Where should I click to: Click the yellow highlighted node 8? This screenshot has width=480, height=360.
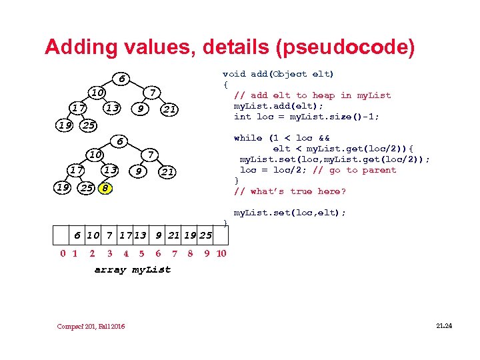pos(105,188)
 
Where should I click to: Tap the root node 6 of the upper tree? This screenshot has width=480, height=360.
pos(120,78)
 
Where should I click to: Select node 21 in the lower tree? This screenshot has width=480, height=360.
pos(168,172)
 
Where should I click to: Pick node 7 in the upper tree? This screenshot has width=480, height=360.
pos(152,91)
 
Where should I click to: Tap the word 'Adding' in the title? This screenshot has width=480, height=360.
pos(79,47)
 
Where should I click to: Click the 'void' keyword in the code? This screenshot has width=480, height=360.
pos(234,74)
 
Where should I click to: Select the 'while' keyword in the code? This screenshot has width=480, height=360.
pos(247,138)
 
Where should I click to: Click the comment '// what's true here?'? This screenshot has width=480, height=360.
pos(290,191)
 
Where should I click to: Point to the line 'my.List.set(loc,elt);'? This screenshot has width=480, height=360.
pos(290,213)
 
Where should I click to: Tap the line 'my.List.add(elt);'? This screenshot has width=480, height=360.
pos(278,106)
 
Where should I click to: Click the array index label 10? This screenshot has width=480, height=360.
pos(222,253)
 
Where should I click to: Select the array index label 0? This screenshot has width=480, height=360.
pos(63,253)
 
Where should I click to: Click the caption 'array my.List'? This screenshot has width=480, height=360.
pos(132,269)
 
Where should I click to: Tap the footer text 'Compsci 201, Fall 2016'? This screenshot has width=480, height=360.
pos(91,326)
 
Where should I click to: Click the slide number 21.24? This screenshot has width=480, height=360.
pos(443,325)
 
